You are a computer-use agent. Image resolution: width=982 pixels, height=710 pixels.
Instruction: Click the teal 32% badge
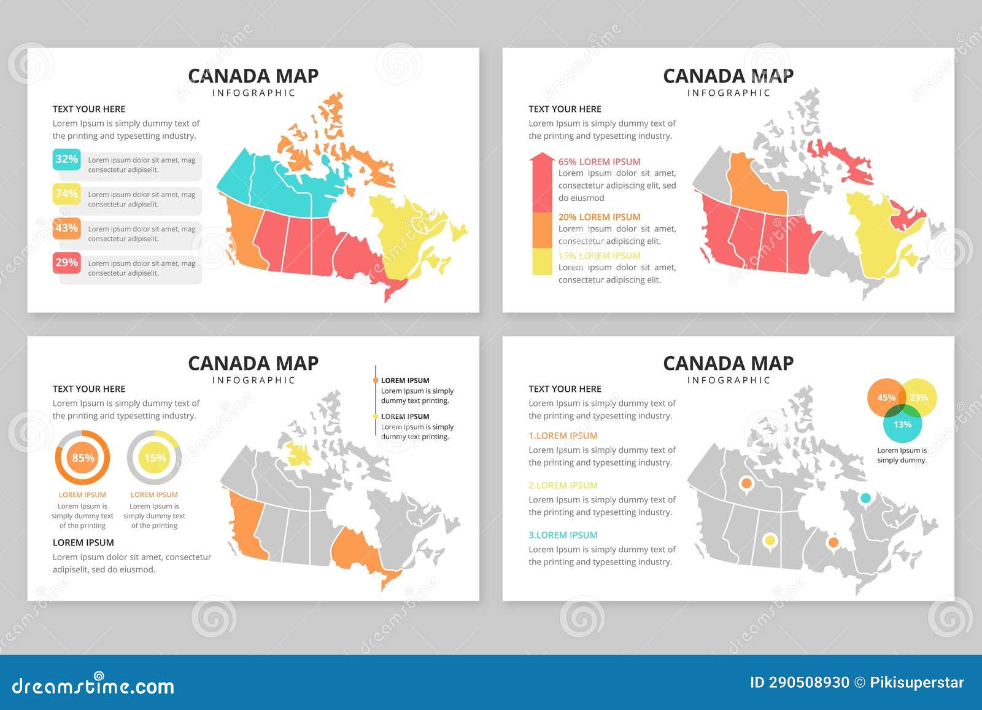[66, 160]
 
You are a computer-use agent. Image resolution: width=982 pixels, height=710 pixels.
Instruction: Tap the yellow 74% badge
[66, 194]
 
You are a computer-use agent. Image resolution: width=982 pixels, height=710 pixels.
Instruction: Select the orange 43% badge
[66, 228]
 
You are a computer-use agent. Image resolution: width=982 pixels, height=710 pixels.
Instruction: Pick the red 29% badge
[66, 263]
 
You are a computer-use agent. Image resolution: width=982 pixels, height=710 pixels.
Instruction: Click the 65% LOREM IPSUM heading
[599, 162]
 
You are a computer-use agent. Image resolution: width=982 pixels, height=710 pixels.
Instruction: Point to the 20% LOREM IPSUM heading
[599, 217]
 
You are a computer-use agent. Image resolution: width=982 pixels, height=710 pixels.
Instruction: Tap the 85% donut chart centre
[83, 458]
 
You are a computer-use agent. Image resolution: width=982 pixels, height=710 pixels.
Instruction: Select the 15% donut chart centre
[155, 458]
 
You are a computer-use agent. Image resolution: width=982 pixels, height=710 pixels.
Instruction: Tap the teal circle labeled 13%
[902, 424]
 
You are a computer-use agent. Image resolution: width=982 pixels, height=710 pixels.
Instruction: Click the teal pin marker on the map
[865, 497]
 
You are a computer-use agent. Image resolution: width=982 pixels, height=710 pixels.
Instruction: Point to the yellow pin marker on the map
[769, 540]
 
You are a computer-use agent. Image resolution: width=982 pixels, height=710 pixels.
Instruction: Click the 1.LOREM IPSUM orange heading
[563, 435]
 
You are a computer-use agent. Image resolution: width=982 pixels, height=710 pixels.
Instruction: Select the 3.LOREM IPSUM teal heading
[563, 535]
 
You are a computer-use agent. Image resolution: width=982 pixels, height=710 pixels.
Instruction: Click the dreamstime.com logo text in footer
[93, 685]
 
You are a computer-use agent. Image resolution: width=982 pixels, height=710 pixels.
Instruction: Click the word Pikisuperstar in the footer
[917, 682]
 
